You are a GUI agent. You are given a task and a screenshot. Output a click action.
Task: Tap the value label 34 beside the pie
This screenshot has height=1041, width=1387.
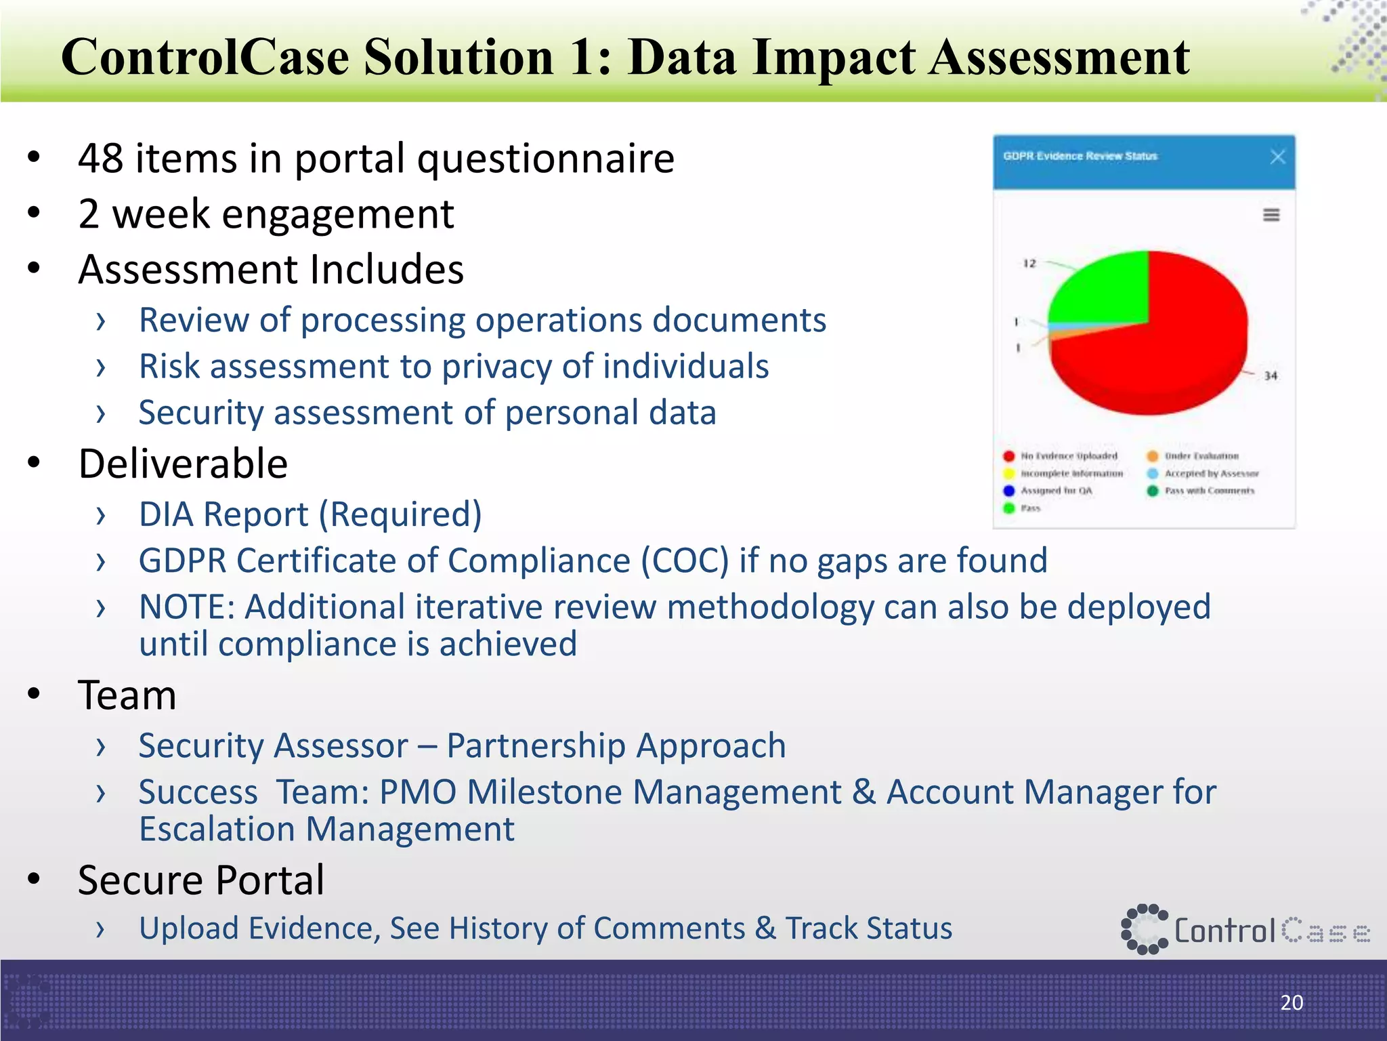pos(1271,375)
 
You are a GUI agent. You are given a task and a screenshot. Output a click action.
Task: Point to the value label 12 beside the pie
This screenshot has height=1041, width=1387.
pos(1029,263)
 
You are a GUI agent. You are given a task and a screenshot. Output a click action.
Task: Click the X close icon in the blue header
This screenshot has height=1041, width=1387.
pos(1277,157)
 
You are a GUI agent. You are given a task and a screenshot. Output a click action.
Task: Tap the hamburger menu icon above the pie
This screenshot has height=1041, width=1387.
pos(1271,215)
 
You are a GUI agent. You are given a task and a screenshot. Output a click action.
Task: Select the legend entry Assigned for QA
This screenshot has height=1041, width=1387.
pos(1056,491)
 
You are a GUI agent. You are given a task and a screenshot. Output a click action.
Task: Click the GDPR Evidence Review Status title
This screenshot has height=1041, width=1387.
pos(1080,157)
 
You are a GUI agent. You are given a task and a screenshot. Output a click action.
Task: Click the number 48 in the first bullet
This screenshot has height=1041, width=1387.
pos(100,159)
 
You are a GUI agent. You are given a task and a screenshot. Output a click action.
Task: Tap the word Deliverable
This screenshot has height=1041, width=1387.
pos(183,464)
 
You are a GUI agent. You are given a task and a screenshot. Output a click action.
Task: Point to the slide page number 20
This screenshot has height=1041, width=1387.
pos(1292,1002)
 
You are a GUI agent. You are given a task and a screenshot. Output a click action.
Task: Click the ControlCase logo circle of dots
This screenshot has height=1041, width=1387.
pos(1144,929)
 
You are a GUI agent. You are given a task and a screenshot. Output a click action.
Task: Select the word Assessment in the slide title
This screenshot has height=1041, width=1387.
pos(1059,57)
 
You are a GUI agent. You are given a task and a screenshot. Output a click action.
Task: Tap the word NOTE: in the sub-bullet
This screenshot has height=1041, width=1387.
pos(186,607)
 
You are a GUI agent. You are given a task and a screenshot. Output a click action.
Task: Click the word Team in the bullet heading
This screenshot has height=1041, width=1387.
pos(127,696)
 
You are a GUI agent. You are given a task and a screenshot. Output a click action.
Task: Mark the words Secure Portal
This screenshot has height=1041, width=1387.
pos(201,880)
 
